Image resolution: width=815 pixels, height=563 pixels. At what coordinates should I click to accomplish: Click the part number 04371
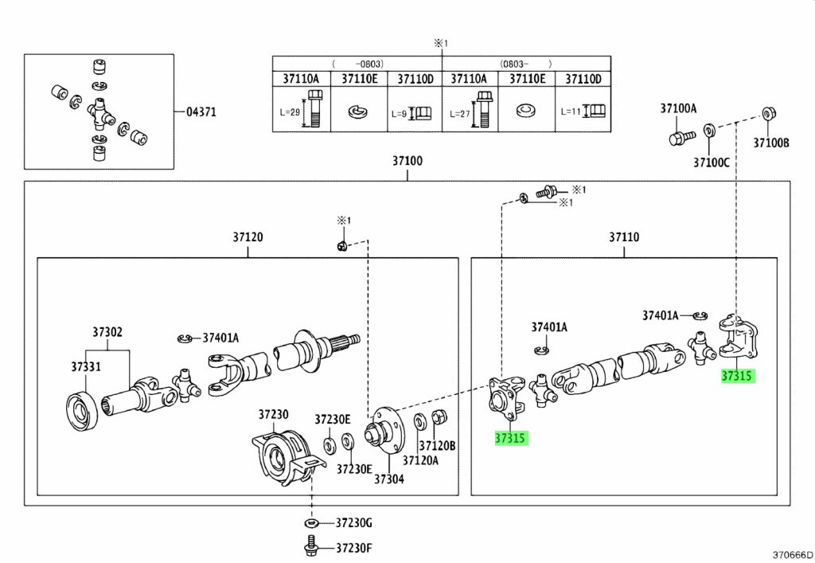tap(201, 112)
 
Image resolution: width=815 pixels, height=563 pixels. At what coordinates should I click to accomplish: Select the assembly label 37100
tap(407, 161)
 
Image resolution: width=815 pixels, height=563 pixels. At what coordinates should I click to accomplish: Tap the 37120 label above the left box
tap(248, 237)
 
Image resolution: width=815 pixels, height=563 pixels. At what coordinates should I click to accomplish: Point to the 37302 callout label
tap(107, 332)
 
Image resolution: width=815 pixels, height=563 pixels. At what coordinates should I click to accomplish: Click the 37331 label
tap(85, 366)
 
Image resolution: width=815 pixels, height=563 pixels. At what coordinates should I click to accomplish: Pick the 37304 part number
tap(390, 479)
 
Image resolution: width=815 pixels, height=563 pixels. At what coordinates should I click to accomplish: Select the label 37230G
tap(353, 523)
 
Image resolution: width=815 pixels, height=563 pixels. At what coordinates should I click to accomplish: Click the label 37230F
tap(353, 548)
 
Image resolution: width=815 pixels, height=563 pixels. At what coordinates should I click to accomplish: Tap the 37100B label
tap(771, 143)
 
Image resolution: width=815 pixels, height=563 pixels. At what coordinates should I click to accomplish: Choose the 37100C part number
tap(711, 162)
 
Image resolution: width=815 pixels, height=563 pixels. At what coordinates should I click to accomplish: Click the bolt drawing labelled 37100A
tap(677, 137)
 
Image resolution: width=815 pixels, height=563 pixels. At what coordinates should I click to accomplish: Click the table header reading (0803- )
tap(525, 63)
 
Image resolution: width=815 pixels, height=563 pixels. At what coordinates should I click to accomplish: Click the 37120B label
tap(438, 446)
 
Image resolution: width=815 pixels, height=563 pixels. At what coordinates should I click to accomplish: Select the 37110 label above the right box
tap(625, 237)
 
